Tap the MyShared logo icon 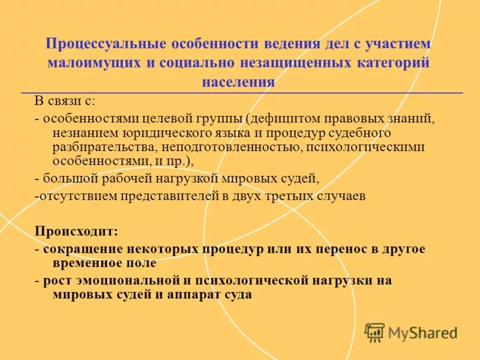click(374, 332)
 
